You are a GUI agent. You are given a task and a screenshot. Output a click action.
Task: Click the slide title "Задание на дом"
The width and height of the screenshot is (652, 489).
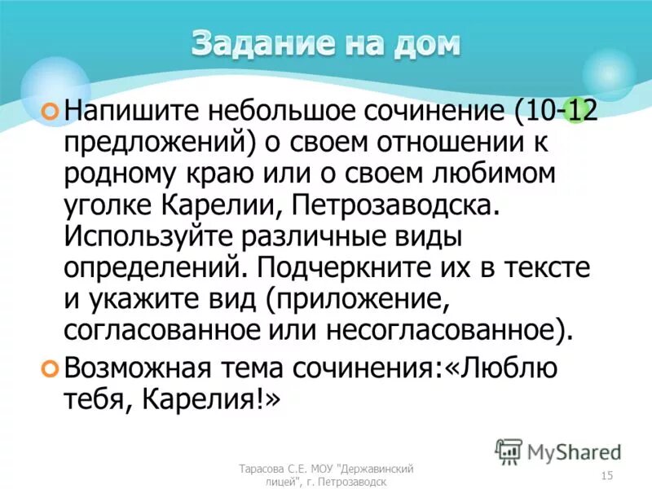coord(326,42)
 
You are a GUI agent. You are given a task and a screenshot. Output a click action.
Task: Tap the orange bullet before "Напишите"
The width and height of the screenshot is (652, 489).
coord(50,109)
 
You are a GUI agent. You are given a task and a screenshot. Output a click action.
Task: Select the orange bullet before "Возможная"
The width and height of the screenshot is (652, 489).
coord(50,368)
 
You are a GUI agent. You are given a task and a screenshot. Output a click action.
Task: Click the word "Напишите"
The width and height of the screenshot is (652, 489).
coord(134,110)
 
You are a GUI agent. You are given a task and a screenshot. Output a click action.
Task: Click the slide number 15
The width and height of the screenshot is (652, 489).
coord(606,475)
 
